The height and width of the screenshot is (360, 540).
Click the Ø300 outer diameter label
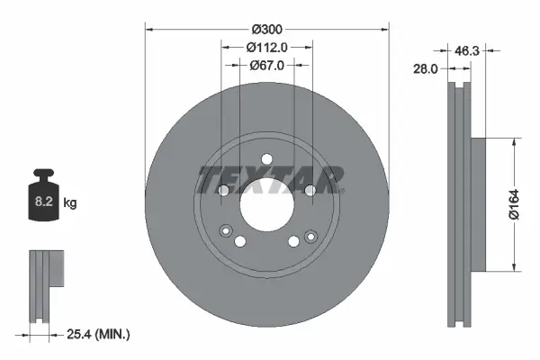267,30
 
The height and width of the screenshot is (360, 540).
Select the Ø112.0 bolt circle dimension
266,47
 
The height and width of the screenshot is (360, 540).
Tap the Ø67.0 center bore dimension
266,65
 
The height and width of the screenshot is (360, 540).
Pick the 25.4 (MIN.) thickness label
99,335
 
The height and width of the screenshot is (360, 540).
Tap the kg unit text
70,204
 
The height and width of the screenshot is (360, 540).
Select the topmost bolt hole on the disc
266,160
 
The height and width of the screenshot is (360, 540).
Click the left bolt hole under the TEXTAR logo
224,190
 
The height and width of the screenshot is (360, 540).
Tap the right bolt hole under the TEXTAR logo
309,190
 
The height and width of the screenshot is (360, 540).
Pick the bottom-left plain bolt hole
240,240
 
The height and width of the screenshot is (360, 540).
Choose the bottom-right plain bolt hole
292,240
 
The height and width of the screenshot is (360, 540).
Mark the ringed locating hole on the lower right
310,236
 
